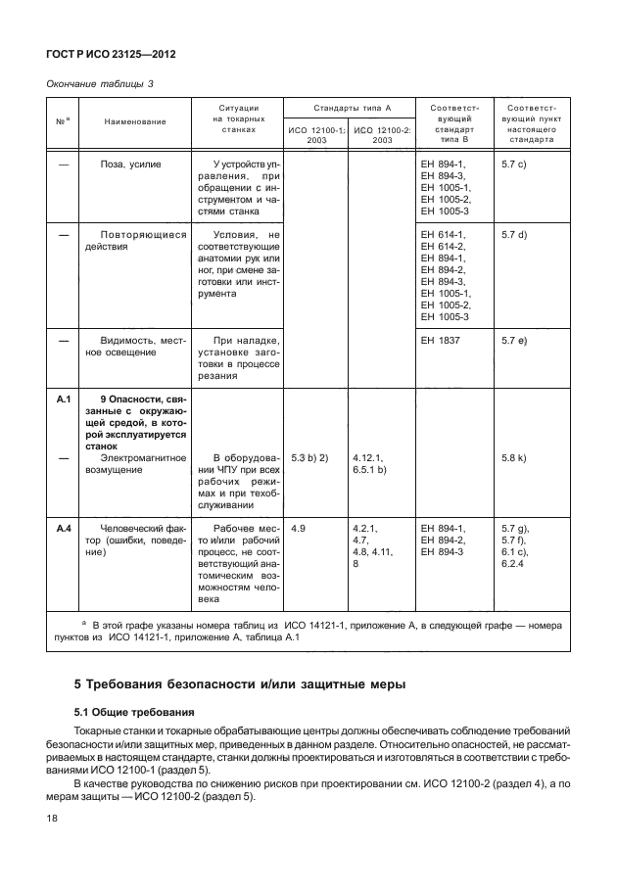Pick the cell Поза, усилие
click(x=130, y=165)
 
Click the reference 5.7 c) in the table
click(x=514, y=165)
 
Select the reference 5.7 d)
click(x=514, y=235)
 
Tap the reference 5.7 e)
click(x=514, y=341)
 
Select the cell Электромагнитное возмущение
click(x=134, y=464)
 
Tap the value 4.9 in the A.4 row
click(x=300, y=529)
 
